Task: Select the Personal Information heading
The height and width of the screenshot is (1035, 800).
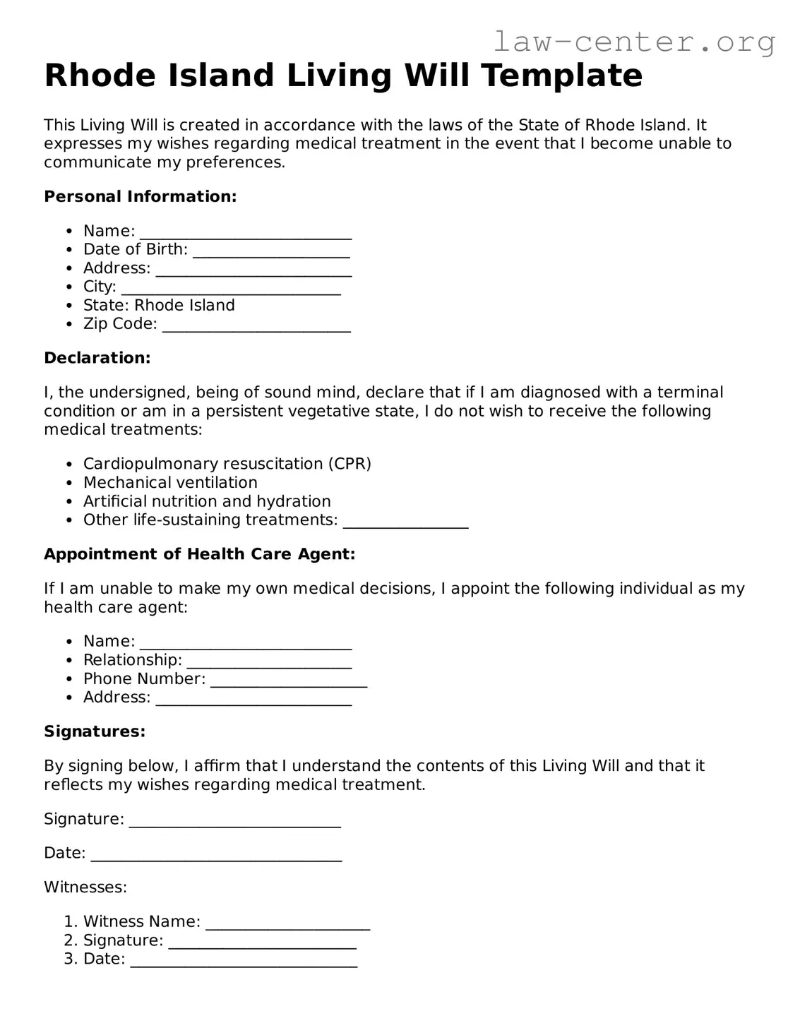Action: [x=140, y=196]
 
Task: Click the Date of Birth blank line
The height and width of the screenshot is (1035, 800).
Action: [x=271, y=251]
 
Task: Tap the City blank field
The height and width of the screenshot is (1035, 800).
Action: [x=231, y=288]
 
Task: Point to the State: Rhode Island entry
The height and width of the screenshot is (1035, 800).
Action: [x=159, y=305]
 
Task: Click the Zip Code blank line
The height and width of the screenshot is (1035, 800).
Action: [x=256, y=325]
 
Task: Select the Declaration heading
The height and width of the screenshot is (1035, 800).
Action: [x=97, y=358]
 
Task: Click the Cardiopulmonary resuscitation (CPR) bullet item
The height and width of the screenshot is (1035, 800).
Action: [x=227, y=464]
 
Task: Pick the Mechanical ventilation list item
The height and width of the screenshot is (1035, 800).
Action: [x=170, y=482]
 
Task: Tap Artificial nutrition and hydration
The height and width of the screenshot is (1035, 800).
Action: [x=207, y=501]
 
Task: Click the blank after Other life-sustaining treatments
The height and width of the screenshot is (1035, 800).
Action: [x=405, y=522]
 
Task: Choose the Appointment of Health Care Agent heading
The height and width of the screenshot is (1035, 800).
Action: [x=199, y=554]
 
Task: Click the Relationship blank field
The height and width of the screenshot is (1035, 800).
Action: [x=269, y=662]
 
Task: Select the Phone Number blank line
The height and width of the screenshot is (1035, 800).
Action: [x=289, y=680]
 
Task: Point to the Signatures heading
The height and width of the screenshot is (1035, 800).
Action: [x=95, y=731]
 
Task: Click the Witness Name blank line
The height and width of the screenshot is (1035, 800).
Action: [x=288, y=923]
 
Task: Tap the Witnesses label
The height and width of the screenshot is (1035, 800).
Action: [x=85, y=887]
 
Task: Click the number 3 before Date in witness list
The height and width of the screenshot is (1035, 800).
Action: [x=69, y=959]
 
